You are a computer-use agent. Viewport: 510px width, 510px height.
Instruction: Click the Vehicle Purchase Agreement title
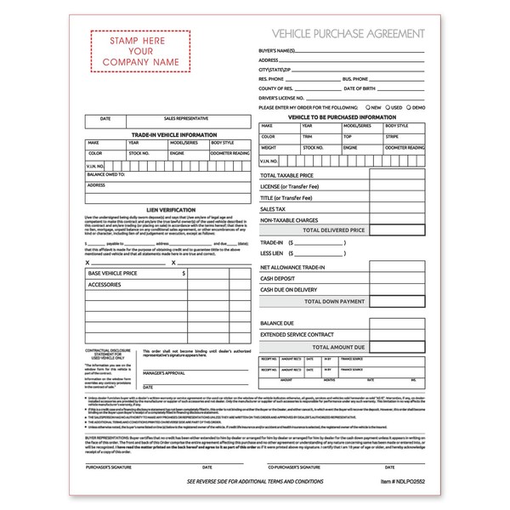[348, 33]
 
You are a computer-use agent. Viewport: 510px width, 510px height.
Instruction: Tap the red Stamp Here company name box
[141, 52]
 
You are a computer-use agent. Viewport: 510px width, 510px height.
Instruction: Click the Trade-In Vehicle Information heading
[167, 135]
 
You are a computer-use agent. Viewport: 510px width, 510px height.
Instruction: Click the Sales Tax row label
[273, 208]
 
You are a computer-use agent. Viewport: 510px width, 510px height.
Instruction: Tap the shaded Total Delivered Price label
[333, 230]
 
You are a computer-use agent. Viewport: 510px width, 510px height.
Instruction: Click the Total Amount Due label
[337, 347]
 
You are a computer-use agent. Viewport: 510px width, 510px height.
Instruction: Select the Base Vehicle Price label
[112, 274]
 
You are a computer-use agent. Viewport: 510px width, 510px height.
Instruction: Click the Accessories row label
[105, 285]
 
